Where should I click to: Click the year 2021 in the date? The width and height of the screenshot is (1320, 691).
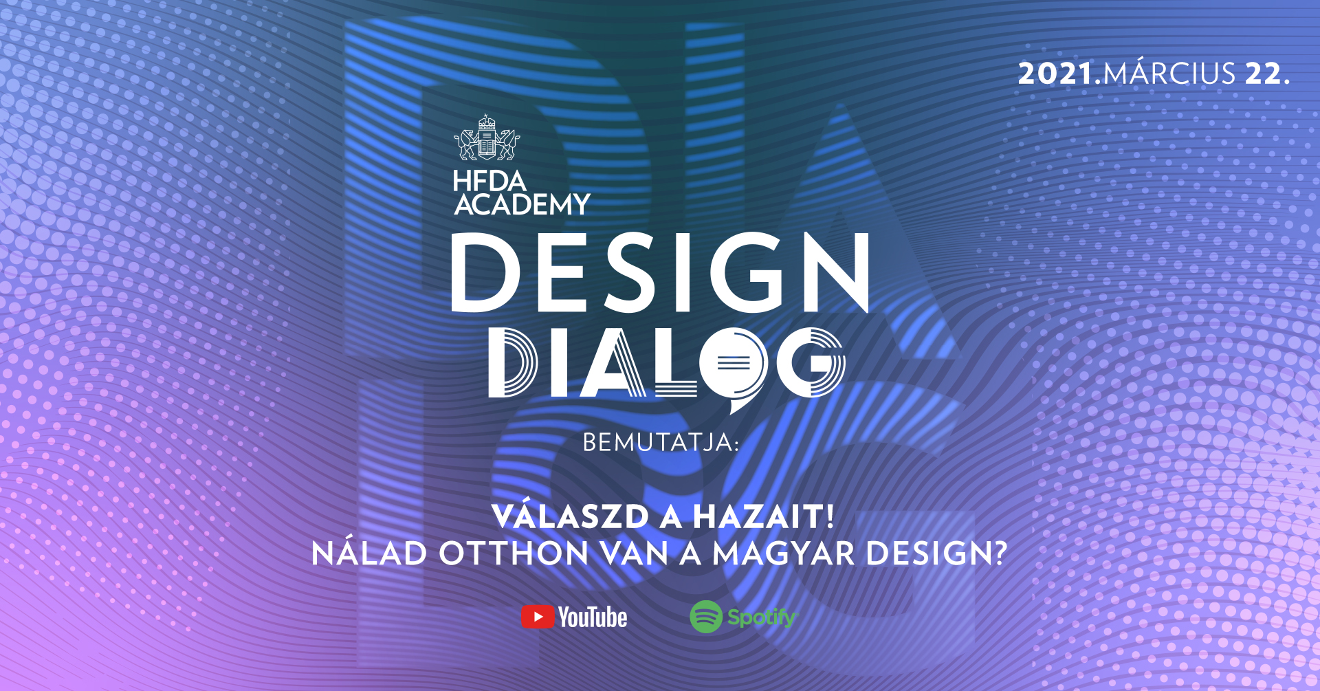tap(1055, 74)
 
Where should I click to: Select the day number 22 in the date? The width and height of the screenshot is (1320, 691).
tap(1263, 74)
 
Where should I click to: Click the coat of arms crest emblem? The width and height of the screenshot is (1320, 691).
tap(487, 138)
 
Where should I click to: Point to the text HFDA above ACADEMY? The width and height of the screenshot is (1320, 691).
tap(489, 182)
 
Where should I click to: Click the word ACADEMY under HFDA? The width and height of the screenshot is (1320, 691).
tap(522, 204)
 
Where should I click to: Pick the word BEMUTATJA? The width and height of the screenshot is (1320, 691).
tap(658, 443)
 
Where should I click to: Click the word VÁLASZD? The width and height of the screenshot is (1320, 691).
tap(571, 517)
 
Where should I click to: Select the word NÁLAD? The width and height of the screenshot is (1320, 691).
tap(369, 553)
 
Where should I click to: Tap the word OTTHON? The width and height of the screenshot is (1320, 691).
tap(514, 553)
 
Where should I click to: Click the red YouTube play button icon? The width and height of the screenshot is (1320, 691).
tap(538, 617)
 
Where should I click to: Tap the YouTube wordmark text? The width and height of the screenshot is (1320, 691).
tap(593, 617)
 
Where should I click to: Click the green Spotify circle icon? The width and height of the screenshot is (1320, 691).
tap(706, 617)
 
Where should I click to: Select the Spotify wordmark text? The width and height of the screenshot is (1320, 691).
tap(762, 617)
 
